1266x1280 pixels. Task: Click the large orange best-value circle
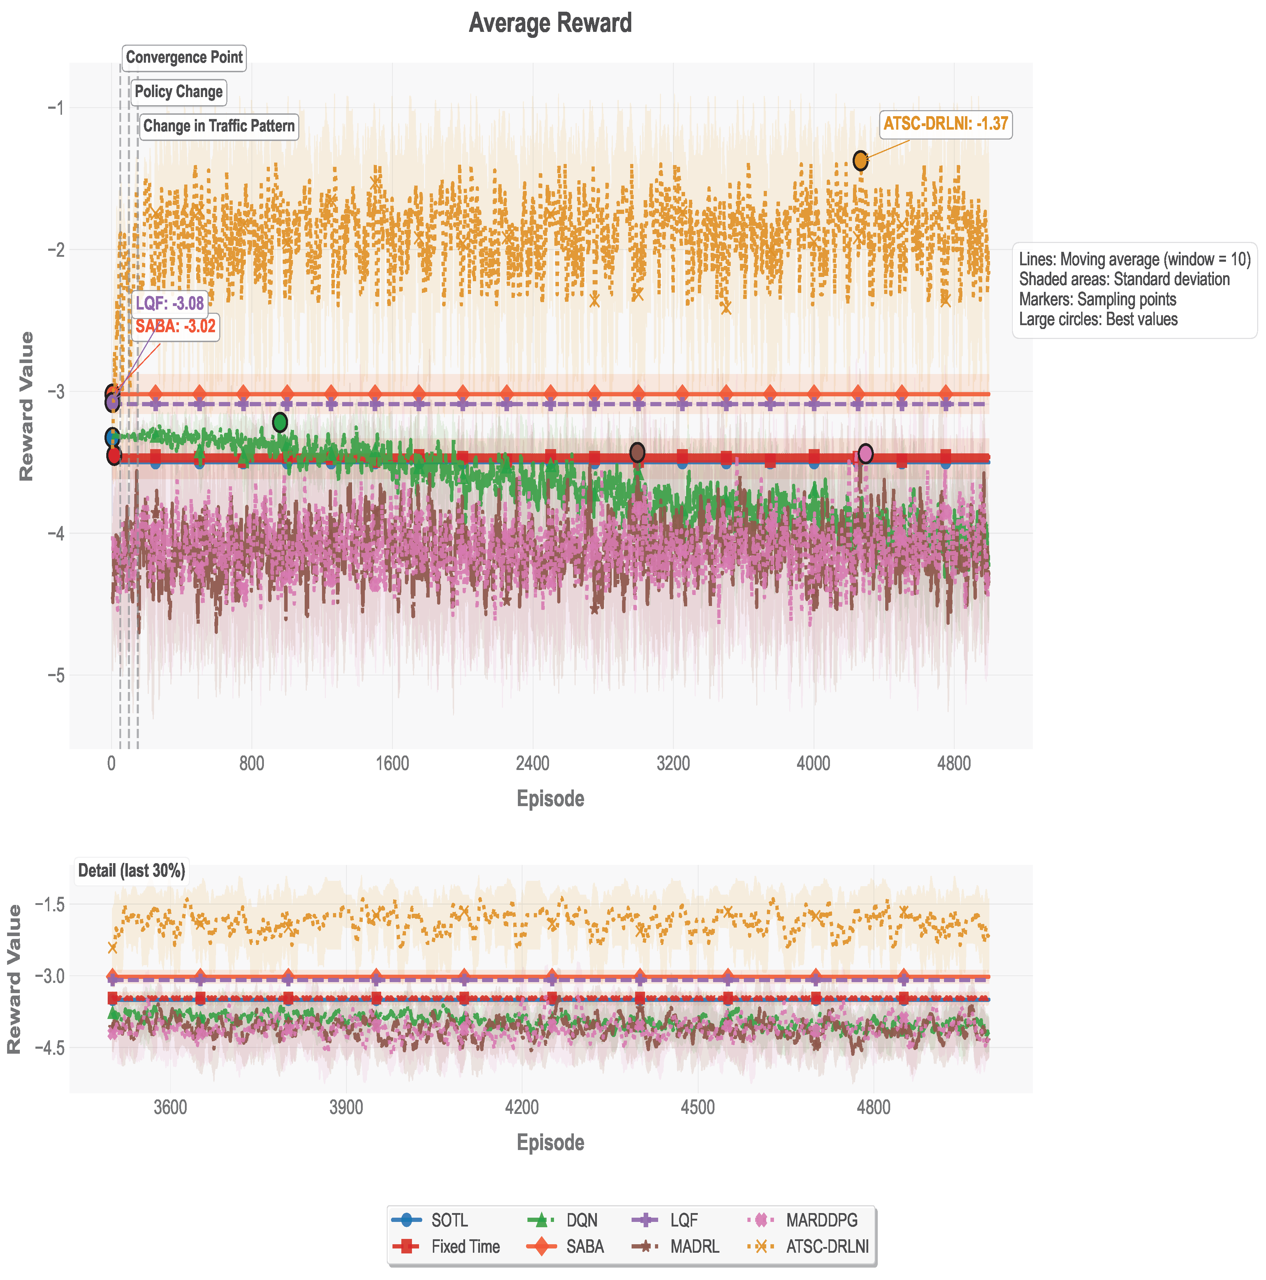[x=860, y=160]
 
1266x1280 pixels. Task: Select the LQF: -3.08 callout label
[x=170, y=304]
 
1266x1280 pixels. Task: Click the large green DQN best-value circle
[x=279, y=422]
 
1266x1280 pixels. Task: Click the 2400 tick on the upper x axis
[x=533, y=763]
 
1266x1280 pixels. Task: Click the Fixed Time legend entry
[x=465, y=1246]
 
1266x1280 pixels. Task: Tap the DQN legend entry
[x=582, y=1220]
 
